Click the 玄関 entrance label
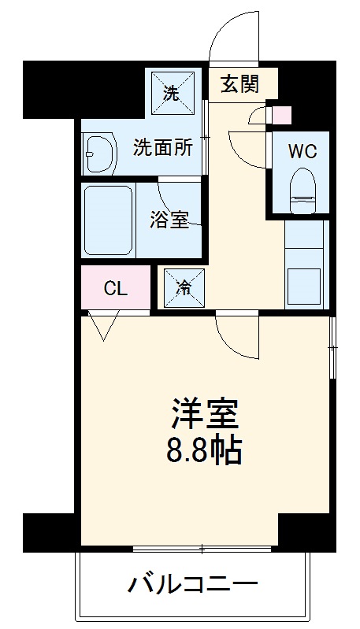[x=239, y=84]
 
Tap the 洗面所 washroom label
[x=162, y=147]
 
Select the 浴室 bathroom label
[x=169, y=220]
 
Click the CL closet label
[x=116, y=287]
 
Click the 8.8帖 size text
[x=205, y=452]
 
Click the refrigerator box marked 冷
[x=183, y=287]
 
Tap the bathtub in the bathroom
[x=109, y=221]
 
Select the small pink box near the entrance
[x=281, y=116]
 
